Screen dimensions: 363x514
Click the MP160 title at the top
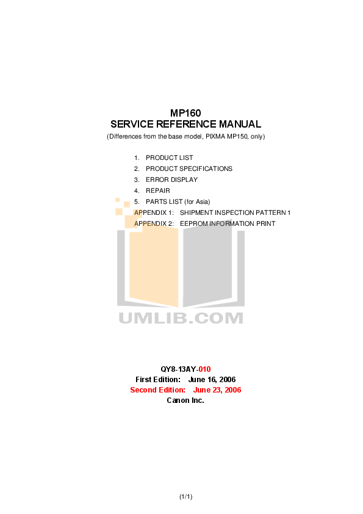pyautogui.click(x=185, y=113)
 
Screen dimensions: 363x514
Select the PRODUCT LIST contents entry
pyautogui.click(x=170, y=157)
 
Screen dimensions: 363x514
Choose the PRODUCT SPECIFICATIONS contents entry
pyautogui.click(x=189, y=168)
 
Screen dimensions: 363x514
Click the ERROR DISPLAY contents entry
pyautogui.click(x=171, y=179)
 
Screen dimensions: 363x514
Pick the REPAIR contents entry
pyautogui.click(x=158, y=190)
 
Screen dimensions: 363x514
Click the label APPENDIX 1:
pyautogui.click(x=154, y=212)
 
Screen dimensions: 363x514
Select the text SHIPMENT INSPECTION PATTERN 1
pyautogui.click(x=235, y=212)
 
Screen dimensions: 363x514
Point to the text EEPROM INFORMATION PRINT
pyautogui.click(x=228, y=223)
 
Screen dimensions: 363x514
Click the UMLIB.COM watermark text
pyautogui.click(x=181, y=318)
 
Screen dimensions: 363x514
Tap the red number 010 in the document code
pyautogui.click(x=205, y=369)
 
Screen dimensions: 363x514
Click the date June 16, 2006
pyautogui.click(x=212, y=380)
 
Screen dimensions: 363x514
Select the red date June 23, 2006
pyautogui.click(x=217, y=390)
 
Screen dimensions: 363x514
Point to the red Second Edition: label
pyautogui.click(x=157, y=390)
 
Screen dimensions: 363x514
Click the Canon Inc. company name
pyautogui.click(x=185, y=400)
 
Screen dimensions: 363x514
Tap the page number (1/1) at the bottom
pyautogui.click(x=185, y=497)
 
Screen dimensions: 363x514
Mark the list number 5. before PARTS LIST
pyautogui.click(x=137, y=201)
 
